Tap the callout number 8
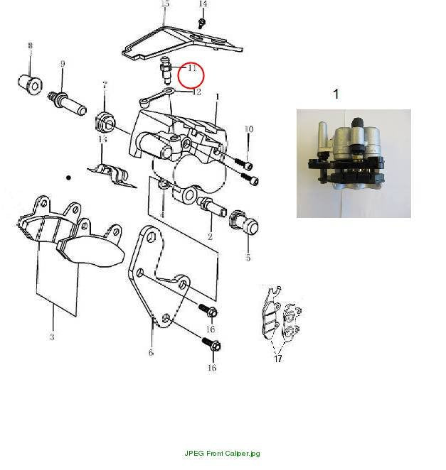tap(30, 45)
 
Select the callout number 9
tap(63, 64)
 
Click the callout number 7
tap(105, 84)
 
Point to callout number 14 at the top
tap(203, 4)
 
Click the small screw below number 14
tap(202, 23)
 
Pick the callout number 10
tap(249, 129)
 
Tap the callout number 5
tap(248, 258)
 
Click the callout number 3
tap(52, 337)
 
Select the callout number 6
tap(151, 352)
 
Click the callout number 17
tap(278, 359)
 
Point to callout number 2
tap(210, 236)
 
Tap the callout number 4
tap(162, 214)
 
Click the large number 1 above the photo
tap(336, 94)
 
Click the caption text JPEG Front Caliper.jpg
tap(222, 453)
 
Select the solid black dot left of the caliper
tap(68, 177)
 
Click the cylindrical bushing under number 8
tap(30, 84)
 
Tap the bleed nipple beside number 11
tap(166, 70)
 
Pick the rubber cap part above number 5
tap(243, 222)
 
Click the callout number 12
tap(196, 92)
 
